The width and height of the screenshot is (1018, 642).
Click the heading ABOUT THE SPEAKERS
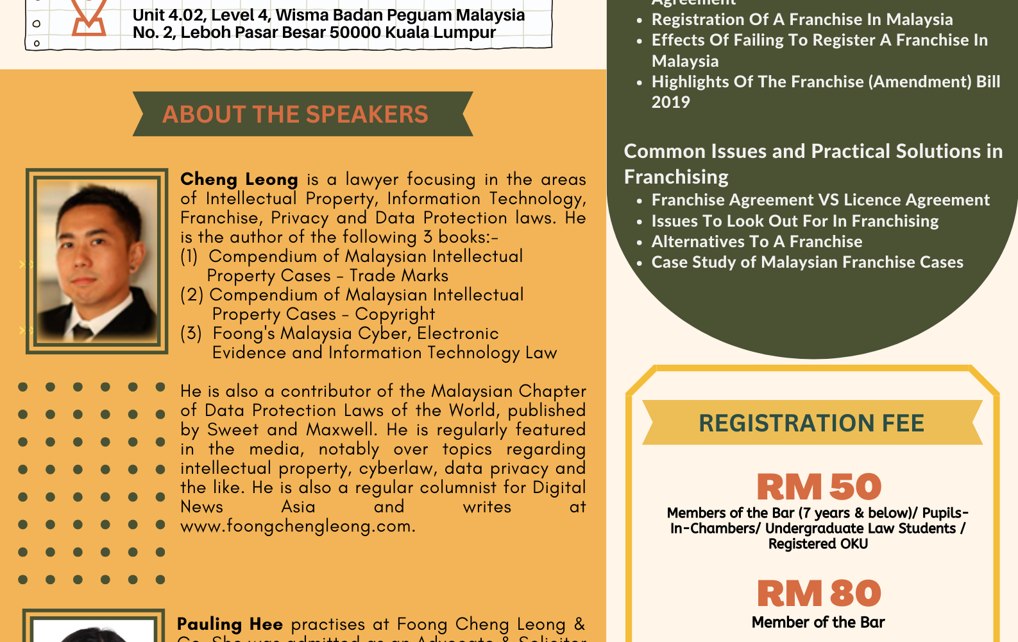click(x=295, y=114)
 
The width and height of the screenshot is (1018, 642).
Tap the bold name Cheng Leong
click(x=239, y=179)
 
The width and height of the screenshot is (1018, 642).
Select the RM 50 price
click(x=819, y=487)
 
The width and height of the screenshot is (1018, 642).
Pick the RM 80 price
click(x=819, y=593)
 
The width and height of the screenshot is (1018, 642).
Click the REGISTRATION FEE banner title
click(x=811, y=423)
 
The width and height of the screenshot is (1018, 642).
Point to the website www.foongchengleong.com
click(x=298, y=526)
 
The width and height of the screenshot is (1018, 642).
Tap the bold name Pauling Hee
click(x=230, y=624)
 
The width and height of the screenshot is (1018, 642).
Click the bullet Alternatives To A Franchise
click(x=757, y=241)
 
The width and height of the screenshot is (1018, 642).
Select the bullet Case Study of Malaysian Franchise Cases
click(x=807, y=262)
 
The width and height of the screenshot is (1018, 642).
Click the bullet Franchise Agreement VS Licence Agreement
click(x=820, y=200)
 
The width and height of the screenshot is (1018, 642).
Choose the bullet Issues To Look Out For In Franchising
click(x=795, y=221)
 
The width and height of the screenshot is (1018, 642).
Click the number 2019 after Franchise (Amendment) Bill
click(x=670, y=102)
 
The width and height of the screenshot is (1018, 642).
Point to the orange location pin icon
click(x=89, y=18)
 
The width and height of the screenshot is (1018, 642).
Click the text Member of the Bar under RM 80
click(x=818, y=622)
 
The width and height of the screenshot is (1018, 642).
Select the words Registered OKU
click(x=818, y=544)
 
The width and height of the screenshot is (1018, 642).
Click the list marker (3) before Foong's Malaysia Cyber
click(x=191, y=333)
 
